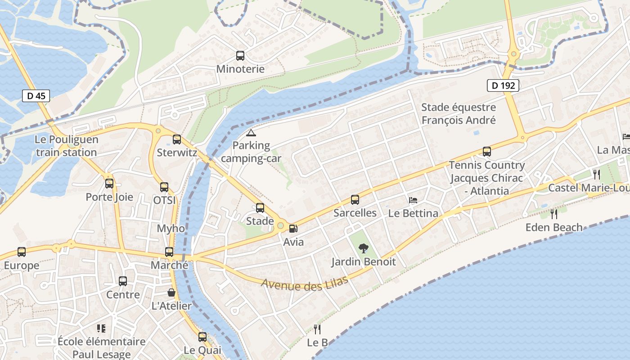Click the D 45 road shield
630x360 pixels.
[36, 96]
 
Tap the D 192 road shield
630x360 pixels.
[503, 85]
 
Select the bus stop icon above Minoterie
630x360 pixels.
[240, 56]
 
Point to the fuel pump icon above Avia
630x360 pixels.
[293, 229]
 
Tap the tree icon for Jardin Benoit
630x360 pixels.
[363, 248]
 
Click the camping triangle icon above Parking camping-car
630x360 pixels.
[251, 133]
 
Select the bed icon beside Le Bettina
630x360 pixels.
[413, 200]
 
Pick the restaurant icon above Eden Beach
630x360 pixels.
[554, 214]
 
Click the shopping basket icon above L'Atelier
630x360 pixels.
[171, 292]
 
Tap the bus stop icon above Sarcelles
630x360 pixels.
[355, 200]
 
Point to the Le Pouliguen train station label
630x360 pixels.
[66, 146]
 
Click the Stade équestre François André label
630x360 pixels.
[458, 114]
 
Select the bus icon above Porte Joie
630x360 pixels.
[109, 184]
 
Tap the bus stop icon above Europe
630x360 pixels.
[22, 252]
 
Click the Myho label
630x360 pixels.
[171, 228]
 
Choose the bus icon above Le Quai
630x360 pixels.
[202, 337]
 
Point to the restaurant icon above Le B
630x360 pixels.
[317, 329]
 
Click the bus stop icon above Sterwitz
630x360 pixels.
[177, 139]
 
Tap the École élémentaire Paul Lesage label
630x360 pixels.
[101, 348]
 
